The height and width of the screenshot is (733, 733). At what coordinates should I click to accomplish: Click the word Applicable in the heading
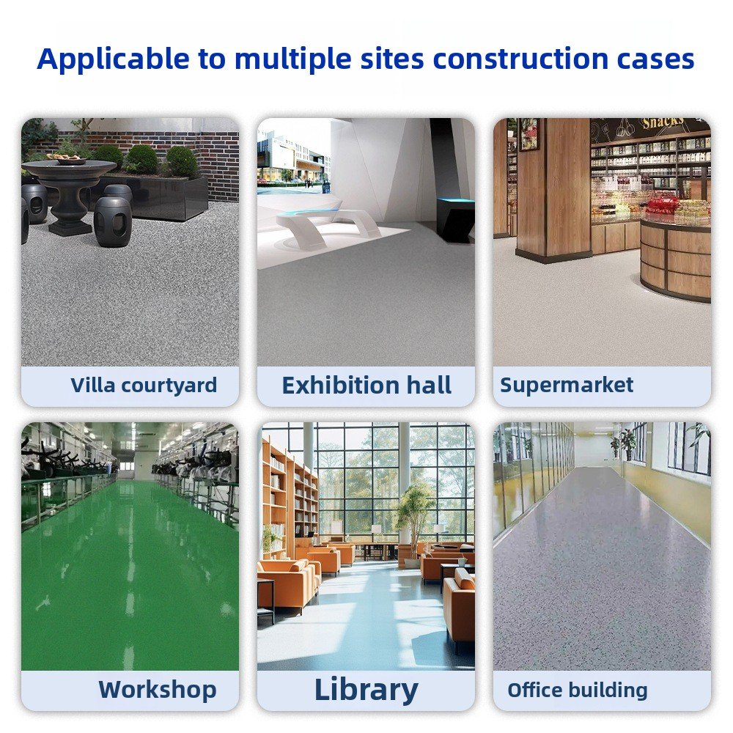(113, 59)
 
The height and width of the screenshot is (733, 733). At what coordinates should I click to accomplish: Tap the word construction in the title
(520, 59)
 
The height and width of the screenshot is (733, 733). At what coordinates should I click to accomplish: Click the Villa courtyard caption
(144, 386)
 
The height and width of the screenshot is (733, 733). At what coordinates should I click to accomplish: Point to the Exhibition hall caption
(366, 386)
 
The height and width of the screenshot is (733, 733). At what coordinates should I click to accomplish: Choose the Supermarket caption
(567, 386)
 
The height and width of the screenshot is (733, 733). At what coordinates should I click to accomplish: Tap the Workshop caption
(158, 690)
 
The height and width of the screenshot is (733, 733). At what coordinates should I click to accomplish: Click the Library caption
(366, 690)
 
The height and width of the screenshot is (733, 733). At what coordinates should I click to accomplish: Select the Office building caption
(578, 690)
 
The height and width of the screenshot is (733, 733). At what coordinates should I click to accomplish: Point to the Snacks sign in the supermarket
(663, 123)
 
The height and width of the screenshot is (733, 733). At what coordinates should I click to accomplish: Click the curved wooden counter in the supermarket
(676, 259)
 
